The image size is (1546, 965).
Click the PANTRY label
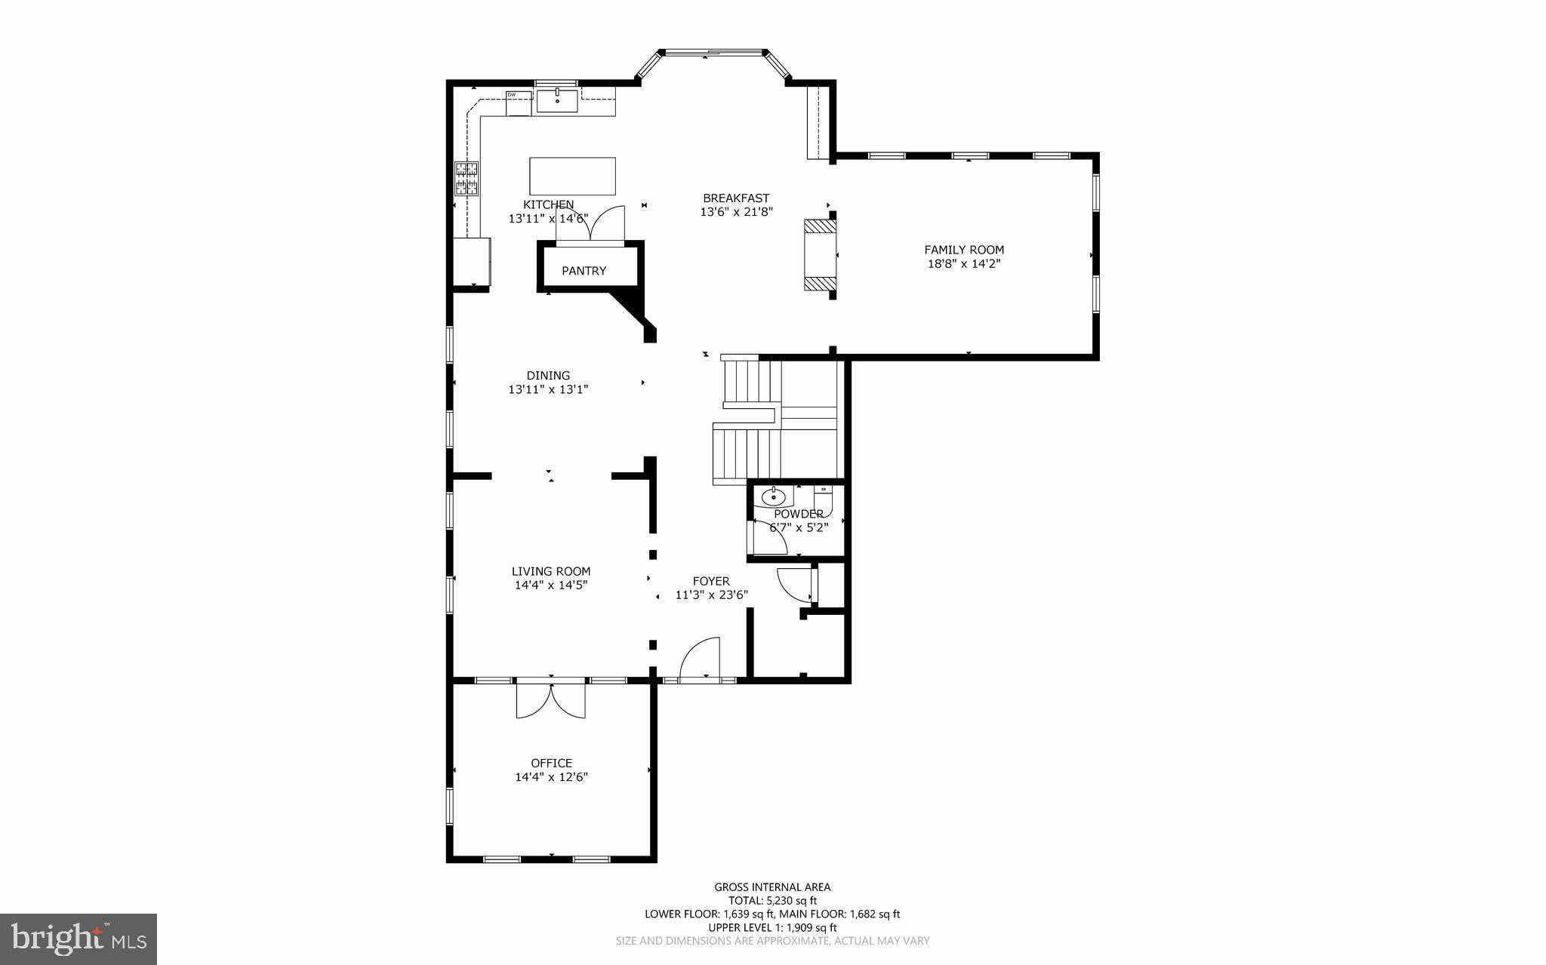pyautogui.click(x=584, y=271)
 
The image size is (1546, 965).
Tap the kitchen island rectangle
pyautogui.click(x=572, y=176)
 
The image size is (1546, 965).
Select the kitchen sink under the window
pyautogui.click(x=557, y=100)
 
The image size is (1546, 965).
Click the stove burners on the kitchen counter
pyautogui.click(x=467, y=179)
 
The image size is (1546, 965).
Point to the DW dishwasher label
pyautogui.click(x=512, y=94)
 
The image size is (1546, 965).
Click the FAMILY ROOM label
pyautogui.click(x=964, y=250)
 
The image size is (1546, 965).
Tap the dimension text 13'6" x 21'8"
pyautogui.click(x=736, y=213)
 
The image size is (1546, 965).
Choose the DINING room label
pyautogui.click(x=548, y=376)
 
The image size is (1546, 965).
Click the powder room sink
pyautogui.click(x=774, y=497)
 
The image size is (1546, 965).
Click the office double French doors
pyautogui.click(x=551, y=700)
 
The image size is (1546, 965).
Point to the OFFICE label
pyautogui.click(x=551, y=763)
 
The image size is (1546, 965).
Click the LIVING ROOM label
pyautogui.click(x=551, y=571)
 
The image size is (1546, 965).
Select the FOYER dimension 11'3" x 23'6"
pyautogui.click(x=711, y=595)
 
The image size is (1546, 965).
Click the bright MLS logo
pyautogui.click(x=79, y=939)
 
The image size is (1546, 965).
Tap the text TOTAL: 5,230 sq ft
pyautogui.click(x=772, y=900)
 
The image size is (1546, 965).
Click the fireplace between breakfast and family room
pyautogui.click(x=820, y=255)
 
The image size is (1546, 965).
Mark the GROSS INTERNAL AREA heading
pyautogui.click(x=772, y=887)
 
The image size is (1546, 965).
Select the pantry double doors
pyautogui.click(x=591, y=225)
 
